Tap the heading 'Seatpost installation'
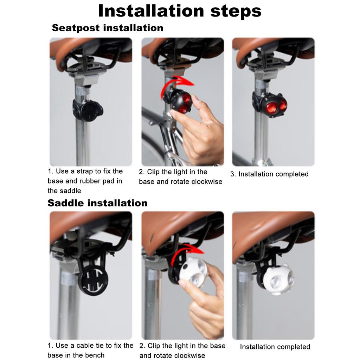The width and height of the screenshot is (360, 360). coord(107,28)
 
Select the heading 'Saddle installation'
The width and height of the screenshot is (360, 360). coord(97,203)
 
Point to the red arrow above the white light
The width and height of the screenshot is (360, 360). coord(186,254)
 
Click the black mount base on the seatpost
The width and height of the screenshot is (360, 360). coord(88,110)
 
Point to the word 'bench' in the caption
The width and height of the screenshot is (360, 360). coord(93,355)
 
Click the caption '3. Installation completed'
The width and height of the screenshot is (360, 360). coord(269,174)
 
